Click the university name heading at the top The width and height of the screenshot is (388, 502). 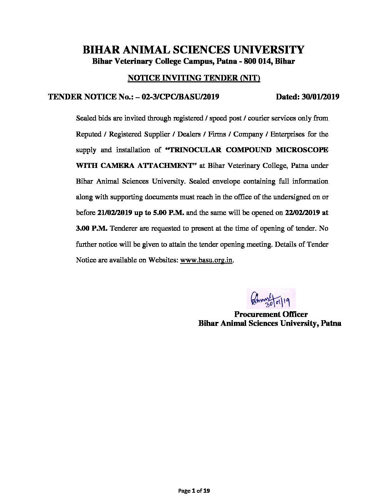pos(194,49)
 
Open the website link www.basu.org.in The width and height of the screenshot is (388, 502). pos(206,260)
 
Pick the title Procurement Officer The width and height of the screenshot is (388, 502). pos(271,314)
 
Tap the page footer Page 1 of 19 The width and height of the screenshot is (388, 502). pos(194,491)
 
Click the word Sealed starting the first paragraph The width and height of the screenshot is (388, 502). pos(86,118)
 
